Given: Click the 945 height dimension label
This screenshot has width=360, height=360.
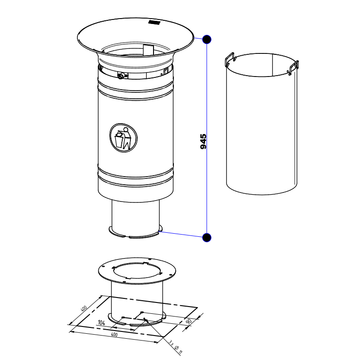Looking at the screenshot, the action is coord(203,141).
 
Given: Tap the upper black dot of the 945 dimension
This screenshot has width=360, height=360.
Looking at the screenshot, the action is coord(207,39).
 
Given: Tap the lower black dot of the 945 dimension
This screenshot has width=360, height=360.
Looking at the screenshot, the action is coord(207,237).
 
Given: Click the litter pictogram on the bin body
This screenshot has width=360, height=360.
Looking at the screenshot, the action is coord(124,138).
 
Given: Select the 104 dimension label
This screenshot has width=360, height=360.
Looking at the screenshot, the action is coord(101,322).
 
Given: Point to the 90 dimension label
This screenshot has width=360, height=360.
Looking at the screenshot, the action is coord(188,321).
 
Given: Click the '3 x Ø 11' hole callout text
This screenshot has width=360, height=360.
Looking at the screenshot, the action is coord(175,347).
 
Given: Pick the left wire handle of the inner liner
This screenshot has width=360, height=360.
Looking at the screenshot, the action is coord(230,59).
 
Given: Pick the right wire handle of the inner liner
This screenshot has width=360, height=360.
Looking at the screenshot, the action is coord(293,67).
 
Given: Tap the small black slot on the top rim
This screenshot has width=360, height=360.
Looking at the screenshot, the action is coord(154,22).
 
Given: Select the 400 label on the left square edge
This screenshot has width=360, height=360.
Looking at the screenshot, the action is coord(84,308).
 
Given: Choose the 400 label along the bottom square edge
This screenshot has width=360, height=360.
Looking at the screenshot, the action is coord(114,335).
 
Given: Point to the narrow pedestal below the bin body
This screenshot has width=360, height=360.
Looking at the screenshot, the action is coord(135,216).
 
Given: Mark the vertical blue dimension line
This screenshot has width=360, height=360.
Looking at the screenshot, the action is coord(207,139).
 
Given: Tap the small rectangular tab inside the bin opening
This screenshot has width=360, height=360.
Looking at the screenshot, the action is coord(148,49).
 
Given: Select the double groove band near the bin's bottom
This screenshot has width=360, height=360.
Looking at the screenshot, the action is coord(135,177).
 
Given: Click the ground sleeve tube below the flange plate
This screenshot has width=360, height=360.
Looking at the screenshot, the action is coord(137,301).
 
